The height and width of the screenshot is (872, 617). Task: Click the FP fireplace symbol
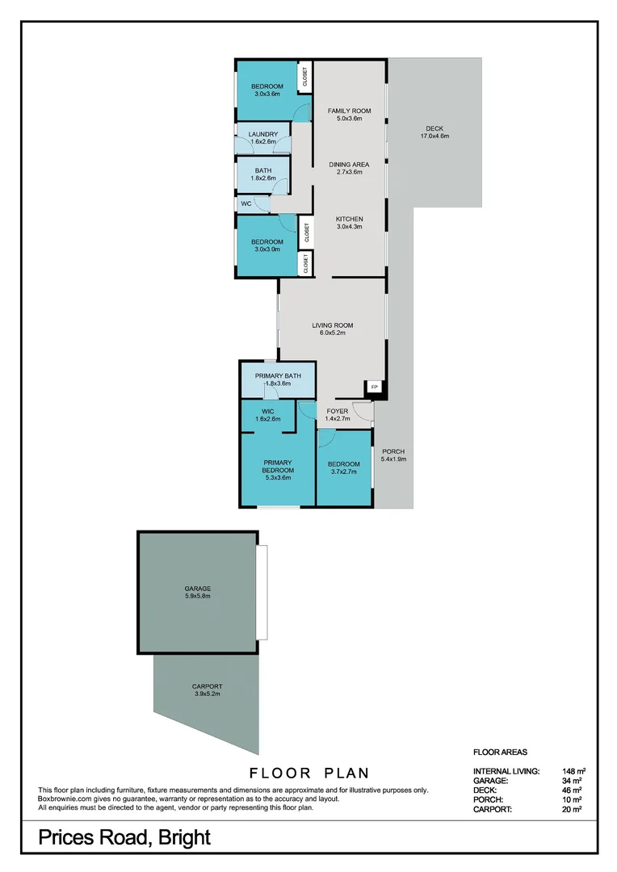[x=374, y=388]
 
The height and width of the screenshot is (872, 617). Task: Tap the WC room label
[x=246, y=204]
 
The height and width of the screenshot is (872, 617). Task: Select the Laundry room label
[x=263, y=135]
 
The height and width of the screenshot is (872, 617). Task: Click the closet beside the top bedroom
[x=305, y=77]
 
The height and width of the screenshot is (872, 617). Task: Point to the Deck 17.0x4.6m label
[x=434, y=132]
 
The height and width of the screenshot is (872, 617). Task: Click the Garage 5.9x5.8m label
[x=197, y=593]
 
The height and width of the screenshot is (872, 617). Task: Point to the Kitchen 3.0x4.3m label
[x=350, y=223]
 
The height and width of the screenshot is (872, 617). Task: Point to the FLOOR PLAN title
[x=309, y=773]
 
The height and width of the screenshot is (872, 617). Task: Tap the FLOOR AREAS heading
[x=500, y=752]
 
